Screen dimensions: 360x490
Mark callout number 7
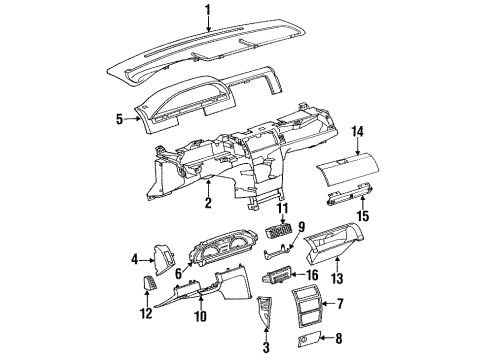tap(339, 302)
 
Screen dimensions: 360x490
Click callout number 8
tap(339, 339)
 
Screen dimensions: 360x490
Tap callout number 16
tap(313, 273)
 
